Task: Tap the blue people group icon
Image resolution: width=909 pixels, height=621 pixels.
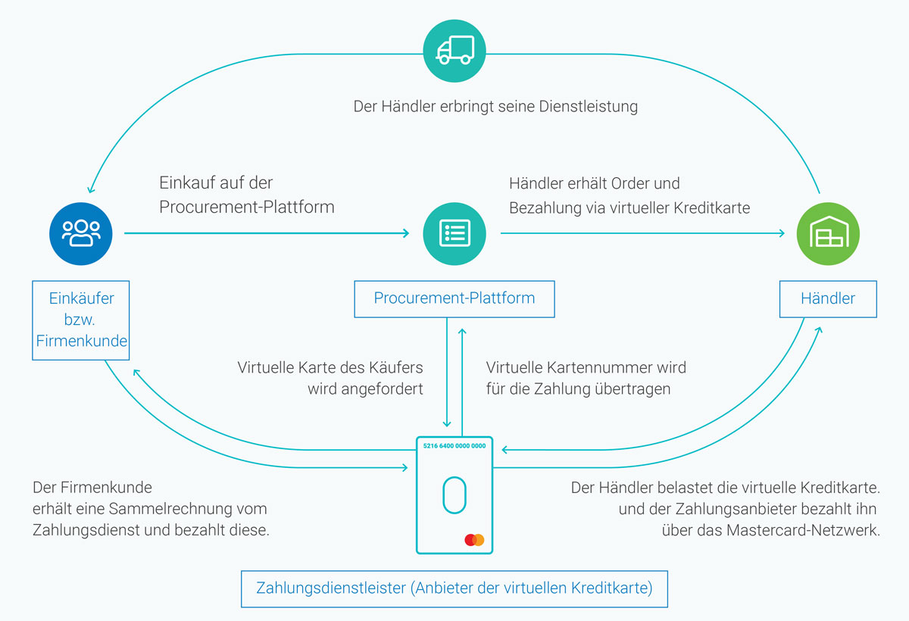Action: (x=81, y=233)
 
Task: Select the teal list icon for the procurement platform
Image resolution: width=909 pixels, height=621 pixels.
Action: (x=454, y=233)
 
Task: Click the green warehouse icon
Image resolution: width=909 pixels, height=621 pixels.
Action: (x=828, y=233)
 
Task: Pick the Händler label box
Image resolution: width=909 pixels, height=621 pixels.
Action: (x=828, y=298)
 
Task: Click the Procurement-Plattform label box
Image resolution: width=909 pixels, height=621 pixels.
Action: (x=454, y=298)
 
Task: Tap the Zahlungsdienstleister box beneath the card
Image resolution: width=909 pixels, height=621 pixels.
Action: (x=454, y=588)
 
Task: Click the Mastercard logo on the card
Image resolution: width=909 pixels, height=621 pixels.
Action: (x=474, y=540)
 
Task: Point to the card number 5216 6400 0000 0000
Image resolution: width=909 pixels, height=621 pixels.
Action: (x=454, y=446)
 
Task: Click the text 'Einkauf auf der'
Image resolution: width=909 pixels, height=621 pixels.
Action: (x=215, y=183)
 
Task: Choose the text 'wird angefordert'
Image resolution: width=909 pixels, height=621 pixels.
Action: (x=365, y=390)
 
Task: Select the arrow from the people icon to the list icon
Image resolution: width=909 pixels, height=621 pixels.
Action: (x=265, y=233)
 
